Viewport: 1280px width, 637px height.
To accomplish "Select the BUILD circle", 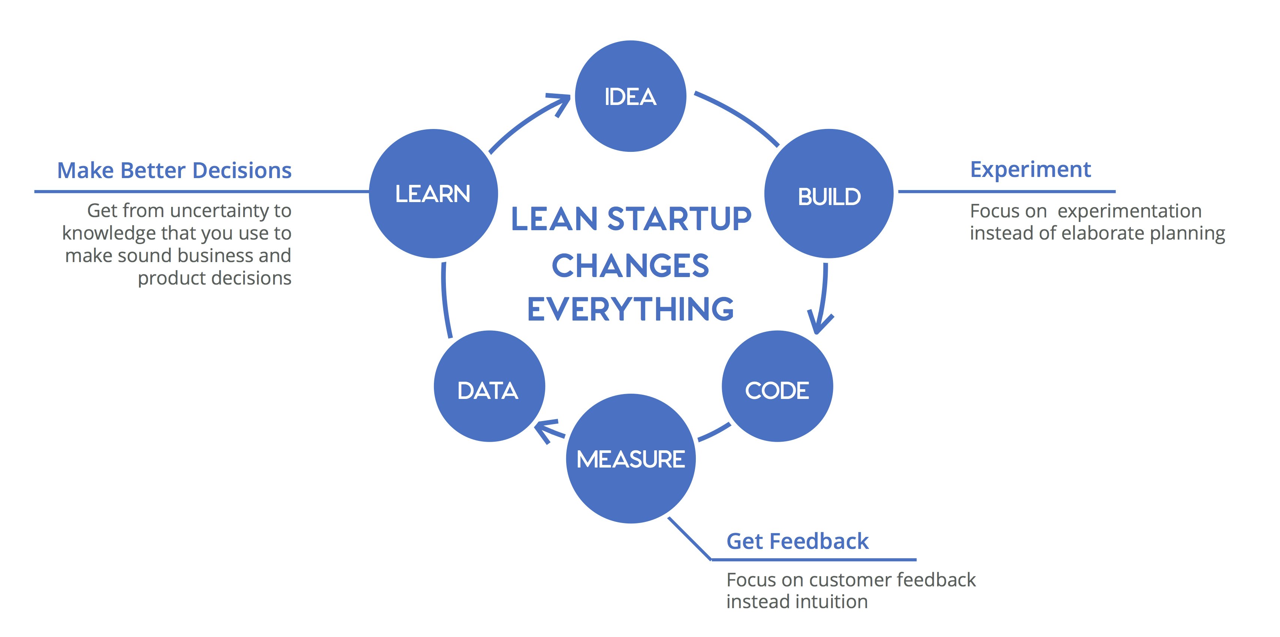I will (x=829, y=194).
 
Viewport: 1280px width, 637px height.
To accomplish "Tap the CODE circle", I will (x=777, y=387).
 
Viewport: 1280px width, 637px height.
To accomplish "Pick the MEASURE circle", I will (x=631, y=459).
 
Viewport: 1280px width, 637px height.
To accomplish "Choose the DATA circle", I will (x=489, y=387).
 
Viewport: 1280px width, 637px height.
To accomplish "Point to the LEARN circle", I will (x=433, y=193).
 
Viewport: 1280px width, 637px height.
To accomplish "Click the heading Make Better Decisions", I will (x=174, y=171).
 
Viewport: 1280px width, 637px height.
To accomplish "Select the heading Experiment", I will (x=1030, y=169).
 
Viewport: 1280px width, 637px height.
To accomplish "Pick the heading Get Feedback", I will (x=797, y=541).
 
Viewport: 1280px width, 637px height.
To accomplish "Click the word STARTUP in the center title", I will (x=679, y=219).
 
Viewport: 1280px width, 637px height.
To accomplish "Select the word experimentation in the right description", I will (x=1129, y=211).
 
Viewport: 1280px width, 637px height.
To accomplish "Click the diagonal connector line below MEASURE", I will (x=690, y=539).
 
